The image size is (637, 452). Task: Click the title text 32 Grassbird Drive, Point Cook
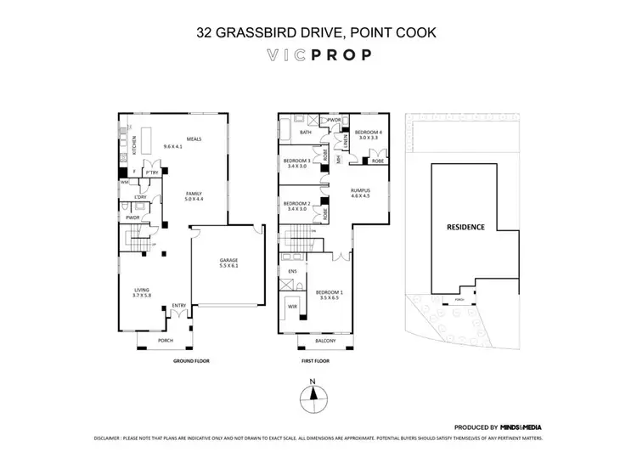coord(318,34)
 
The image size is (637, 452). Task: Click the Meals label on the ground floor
coord(173,144)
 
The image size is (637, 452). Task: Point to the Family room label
coord(194,196)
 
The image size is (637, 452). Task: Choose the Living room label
coord(141,292)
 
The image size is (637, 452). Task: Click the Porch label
coord(165,341)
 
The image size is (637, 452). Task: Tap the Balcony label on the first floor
coord(325,341)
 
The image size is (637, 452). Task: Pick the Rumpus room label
coord(361,193)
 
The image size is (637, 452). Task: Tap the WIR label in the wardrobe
coord(292,306)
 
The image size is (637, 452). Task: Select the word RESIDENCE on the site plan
coord(466,227)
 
